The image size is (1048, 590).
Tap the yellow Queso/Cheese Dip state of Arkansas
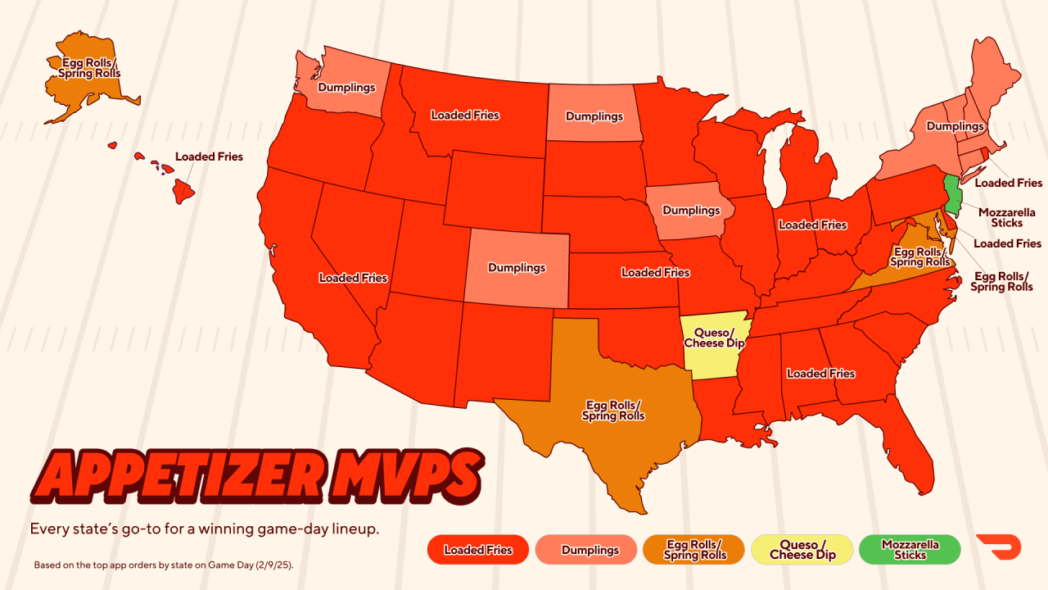714,344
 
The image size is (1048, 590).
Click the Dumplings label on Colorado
517,268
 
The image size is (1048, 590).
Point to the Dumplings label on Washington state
346,88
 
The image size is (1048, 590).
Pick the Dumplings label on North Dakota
594,116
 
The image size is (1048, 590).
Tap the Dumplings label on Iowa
691,211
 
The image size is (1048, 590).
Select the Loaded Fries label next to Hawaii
209,157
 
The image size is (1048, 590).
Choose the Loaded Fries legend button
478,550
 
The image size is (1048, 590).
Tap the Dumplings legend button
586,550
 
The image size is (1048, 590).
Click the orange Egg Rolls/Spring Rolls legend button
694,550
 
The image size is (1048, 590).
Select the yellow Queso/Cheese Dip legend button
802,550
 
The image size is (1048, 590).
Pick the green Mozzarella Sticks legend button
910,550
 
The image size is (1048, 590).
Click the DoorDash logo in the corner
998,547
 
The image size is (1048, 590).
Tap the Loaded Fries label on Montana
465,116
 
